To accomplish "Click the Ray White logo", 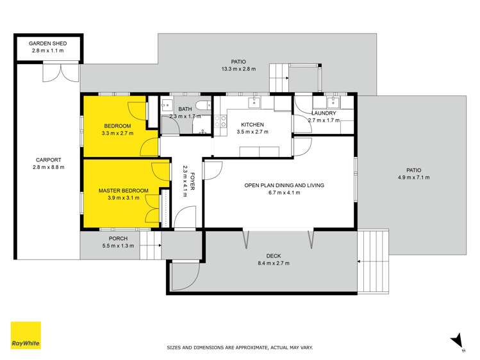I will pos(26,335).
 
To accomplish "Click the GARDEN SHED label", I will pos(47,43).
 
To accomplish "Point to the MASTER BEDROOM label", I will pos(123,191).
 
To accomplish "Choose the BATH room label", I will pos(185,110).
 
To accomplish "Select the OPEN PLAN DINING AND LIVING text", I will pos(284,185).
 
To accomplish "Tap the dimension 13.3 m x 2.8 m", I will pos(238,69).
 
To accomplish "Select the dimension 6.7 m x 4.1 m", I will pos(284,193).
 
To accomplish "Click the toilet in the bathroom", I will pos(203,106).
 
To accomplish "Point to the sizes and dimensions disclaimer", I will pos(240,347).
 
